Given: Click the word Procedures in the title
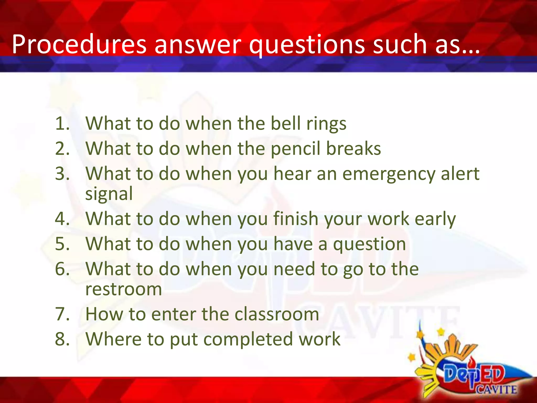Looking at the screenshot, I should (x=79, y=45).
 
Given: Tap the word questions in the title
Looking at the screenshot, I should (x=307, y=45).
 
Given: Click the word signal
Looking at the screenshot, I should (x=109, y=194).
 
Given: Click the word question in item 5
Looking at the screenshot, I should (x=369, y=244).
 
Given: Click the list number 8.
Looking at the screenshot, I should (x=62, y=339).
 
